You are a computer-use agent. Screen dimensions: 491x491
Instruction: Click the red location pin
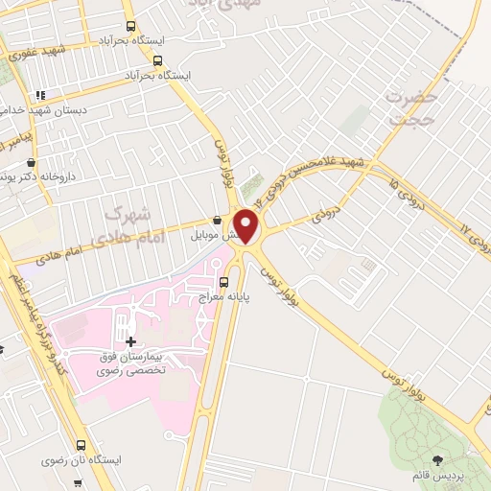click(246, 225)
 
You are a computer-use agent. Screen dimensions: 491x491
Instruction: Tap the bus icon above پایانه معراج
click(224, 282)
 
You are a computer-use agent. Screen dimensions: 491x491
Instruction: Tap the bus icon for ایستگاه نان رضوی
click(81, 445)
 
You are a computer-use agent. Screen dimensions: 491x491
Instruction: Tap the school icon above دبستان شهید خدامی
click(39, 95)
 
